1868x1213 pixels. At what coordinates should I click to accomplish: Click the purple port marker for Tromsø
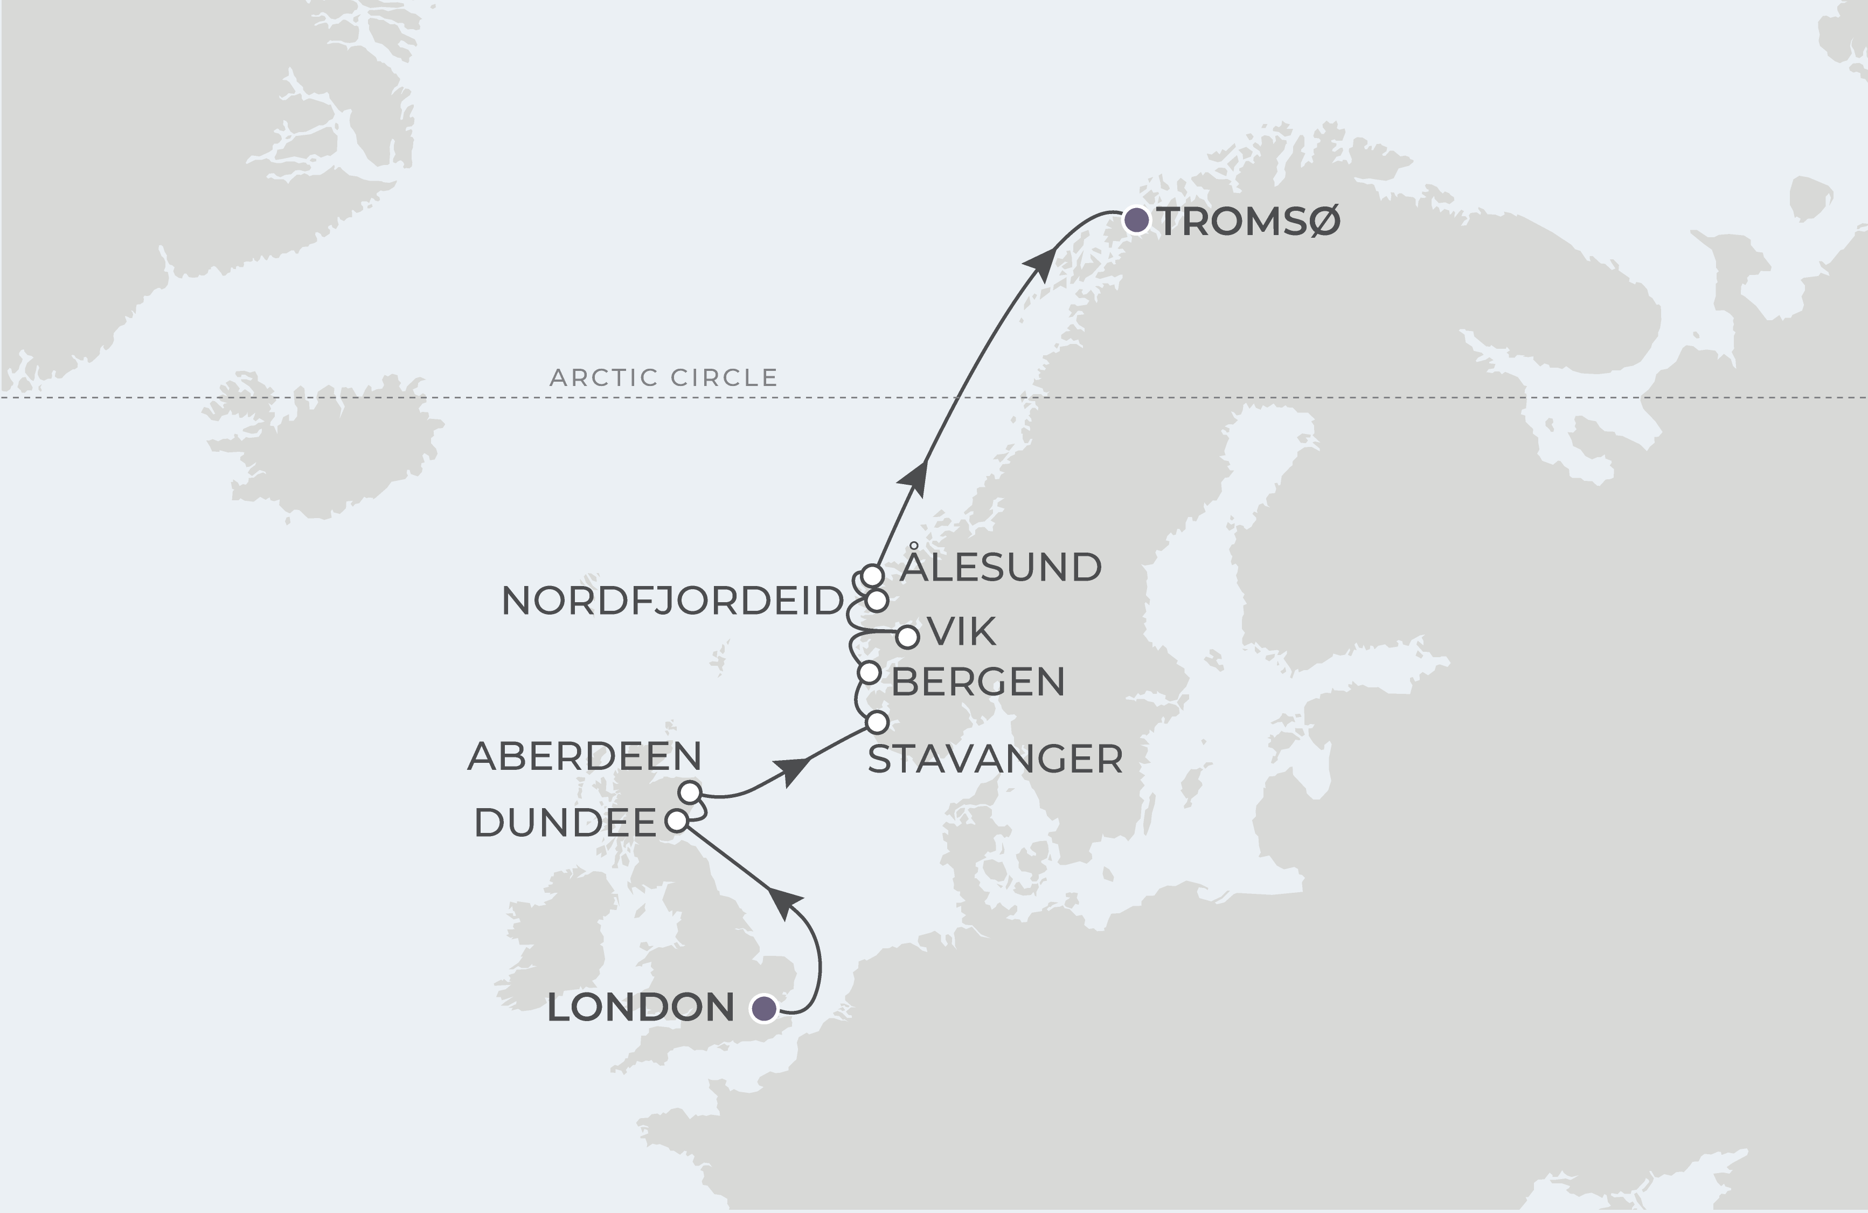coord(1136,220)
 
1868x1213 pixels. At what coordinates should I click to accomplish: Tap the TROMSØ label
coord(1249,222)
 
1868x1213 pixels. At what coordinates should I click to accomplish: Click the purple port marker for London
coord(763,1008)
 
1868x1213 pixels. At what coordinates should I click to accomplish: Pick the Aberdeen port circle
coord(690,792)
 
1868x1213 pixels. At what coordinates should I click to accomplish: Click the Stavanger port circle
coord(877,721)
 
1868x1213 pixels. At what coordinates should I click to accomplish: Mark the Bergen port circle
coord(870,673)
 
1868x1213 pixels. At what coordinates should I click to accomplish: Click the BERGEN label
coord(978,683)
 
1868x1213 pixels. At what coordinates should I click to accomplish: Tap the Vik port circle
coord(907,637)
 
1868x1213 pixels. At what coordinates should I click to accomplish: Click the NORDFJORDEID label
coord(672,602)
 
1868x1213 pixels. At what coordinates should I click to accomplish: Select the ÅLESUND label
coord(1001,568)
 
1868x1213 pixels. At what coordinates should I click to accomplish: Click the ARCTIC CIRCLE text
coord(663,377)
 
